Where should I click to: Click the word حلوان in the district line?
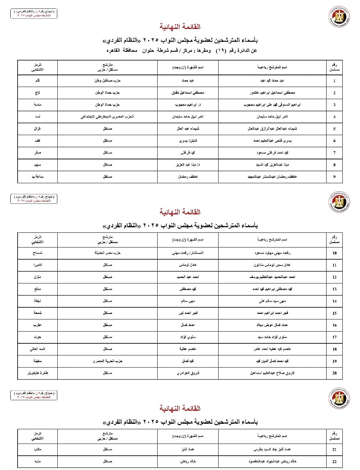[148, 50]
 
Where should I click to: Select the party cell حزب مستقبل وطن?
[107, 80]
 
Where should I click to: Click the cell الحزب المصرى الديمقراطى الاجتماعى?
[107, 117]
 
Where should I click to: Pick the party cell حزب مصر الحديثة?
[107, 253]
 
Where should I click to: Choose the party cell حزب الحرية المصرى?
[107, 361]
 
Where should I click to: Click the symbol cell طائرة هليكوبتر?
[38, 373]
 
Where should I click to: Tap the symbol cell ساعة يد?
[37, 177]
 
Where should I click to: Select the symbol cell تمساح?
[37, 253]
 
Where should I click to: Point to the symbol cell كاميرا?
[37, 265]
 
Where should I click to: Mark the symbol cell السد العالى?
[37, 349]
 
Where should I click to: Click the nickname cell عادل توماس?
[188, 265]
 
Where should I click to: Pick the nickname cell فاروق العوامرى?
[188, 373]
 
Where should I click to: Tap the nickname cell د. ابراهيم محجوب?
[188, 105]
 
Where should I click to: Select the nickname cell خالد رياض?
[188, 462]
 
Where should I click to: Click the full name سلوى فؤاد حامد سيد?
[272, 337]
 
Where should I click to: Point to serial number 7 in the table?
[334, 153]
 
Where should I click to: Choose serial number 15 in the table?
[334, 313]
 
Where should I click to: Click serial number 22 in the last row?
[334, 462]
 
